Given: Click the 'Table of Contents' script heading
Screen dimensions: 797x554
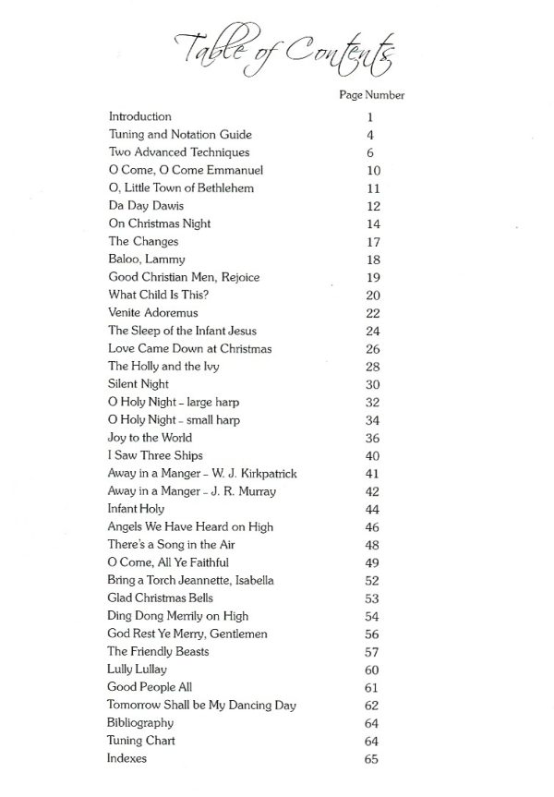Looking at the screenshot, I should (x=284, y=50).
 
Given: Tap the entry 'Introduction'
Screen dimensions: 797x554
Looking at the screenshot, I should (x=140, y=117).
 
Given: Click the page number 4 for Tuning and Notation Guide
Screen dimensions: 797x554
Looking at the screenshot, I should (x=369, y=135).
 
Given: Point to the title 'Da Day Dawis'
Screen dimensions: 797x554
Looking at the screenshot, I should (x=146, y=206).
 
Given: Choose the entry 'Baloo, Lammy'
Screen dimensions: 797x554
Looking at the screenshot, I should (x=147, y=260).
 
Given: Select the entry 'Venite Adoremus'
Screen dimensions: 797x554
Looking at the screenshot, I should (x=153, y=313).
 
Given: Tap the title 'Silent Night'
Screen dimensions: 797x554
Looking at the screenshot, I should (x=138, y=384).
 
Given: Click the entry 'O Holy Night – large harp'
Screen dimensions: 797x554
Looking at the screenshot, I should (x=175, y=402).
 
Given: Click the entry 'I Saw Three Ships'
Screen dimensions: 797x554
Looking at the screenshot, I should (x=155, y=455).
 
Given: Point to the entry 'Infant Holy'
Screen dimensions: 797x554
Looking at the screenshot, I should (x=137, y=509).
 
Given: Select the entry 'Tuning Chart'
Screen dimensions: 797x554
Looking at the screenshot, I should (x=142, y=741).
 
